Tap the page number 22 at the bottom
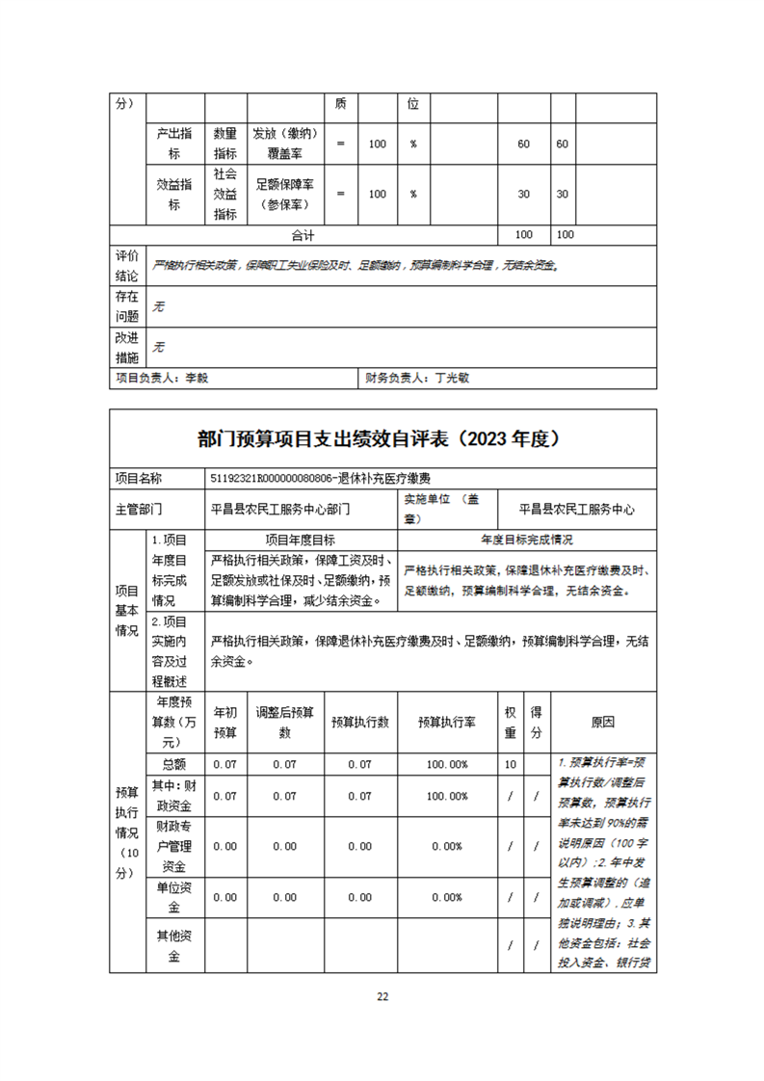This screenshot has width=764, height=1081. [x=382, y=996]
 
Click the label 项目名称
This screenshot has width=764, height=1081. [x=139, y=478]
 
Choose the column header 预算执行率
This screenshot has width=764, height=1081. [x=442, y=722]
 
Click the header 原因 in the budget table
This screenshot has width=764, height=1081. [x=602, y=722]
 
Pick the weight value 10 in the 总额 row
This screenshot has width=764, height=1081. [x=511, y=764]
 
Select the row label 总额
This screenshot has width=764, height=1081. [x=174, y=764]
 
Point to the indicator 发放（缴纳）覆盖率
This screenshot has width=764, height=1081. [x=285, y=143]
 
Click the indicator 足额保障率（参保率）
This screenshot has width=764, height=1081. [x=285, y=194]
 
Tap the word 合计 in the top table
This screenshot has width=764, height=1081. [x=303, y=234]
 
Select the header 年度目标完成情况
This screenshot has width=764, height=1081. [x=527, y=540]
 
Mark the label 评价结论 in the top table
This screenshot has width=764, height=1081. [x=127, y=266]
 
